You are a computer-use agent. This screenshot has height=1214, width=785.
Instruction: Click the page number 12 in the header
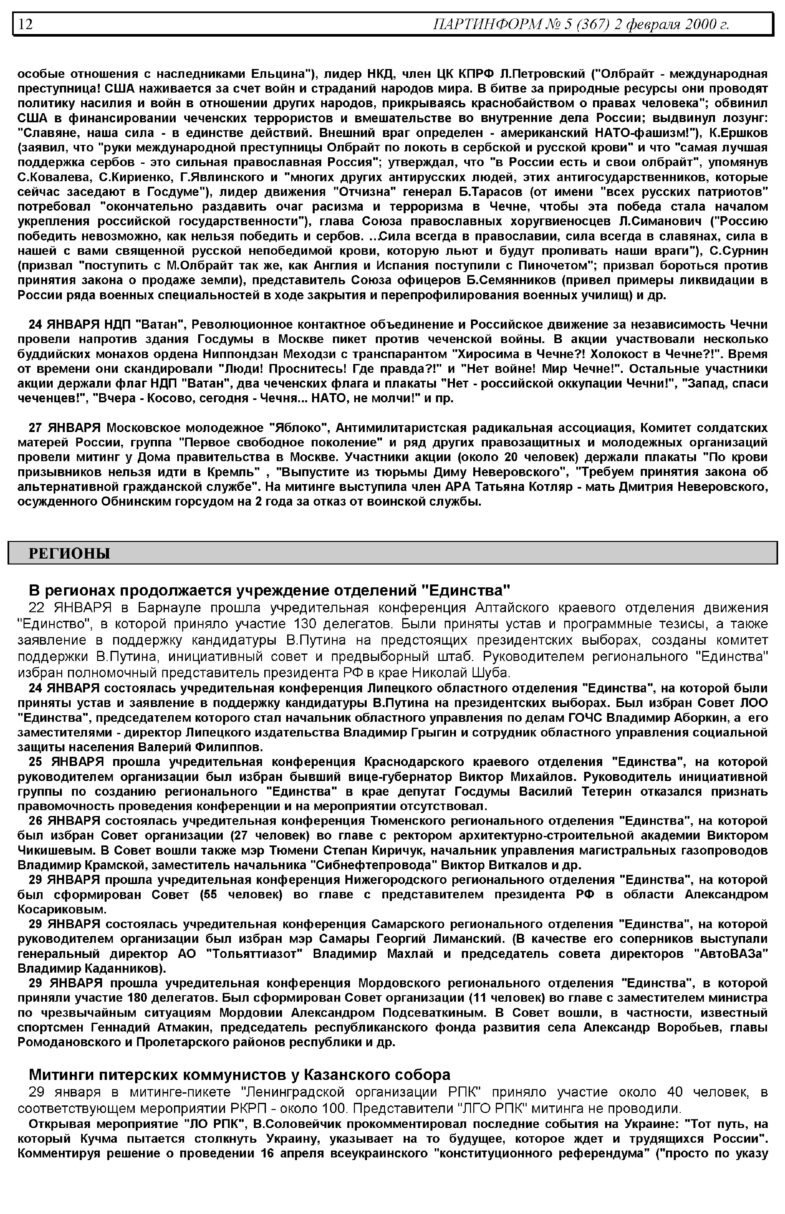[26, 24]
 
